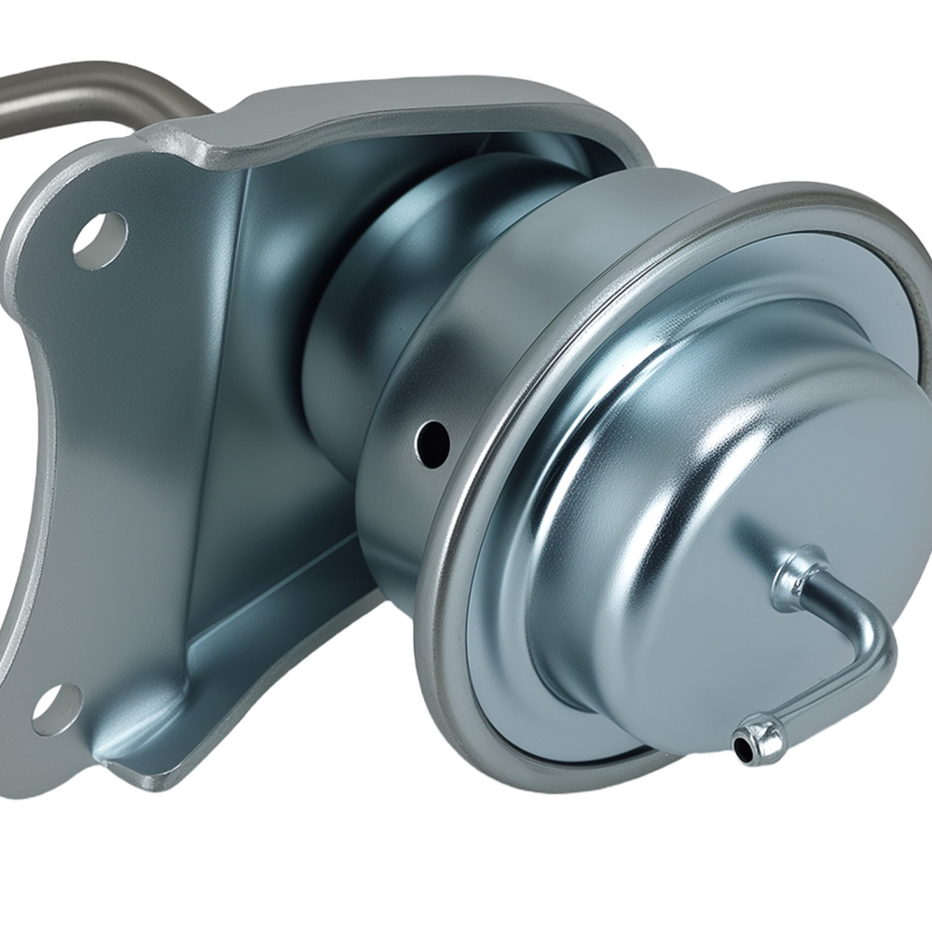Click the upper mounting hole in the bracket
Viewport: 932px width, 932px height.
point(100,240)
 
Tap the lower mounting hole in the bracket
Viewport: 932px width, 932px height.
point(57,709)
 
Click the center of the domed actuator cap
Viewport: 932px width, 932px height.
point(708,485)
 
